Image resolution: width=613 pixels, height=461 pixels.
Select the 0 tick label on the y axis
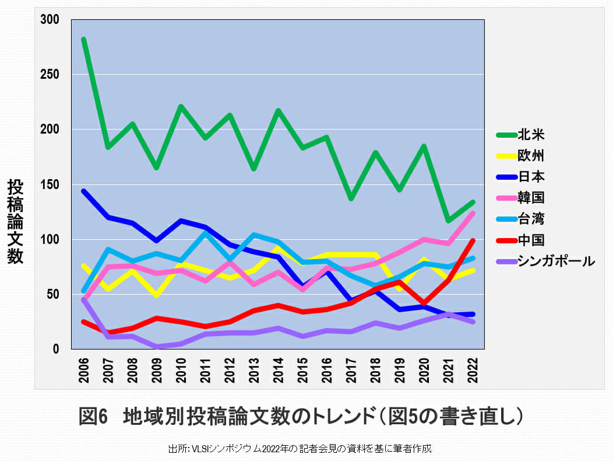click(x=56, y=349)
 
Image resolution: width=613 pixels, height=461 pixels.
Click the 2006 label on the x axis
click(x=84, y=369)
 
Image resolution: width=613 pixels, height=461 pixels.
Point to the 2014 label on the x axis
click(x=279, y=369)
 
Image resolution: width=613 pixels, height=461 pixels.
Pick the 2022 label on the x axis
click(x=473, y=369)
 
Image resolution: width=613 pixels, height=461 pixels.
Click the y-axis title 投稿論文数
click(x=16, y=222)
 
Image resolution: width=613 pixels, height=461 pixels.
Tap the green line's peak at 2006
click(x=84, y=40)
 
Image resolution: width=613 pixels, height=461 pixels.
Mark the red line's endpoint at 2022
click(x=473, y=240)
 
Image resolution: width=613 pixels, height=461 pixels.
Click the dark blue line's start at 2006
click(x=84, y=191)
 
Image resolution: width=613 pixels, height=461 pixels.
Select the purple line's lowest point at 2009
click(x=157, y=347)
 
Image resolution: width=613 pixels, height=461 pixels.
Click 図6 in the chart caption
click(x=94, y=417)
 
